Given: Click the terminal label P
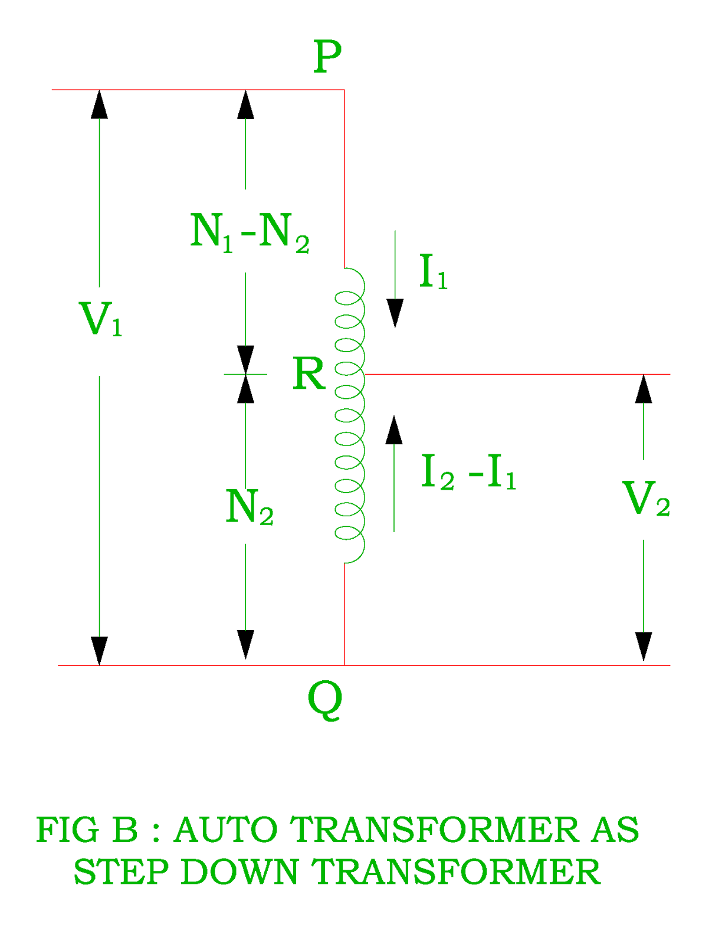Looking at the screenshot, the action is click(x=327, y=56).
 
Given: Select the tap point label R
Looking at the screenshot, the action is click(x=309, y=373).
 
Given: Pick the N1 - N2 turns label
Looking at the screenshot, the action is click(x=250, y=232).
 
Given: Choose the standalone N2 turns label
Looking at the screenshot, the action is click(x=250, y=506).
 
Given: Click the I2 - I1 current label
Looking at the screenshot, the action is click(x=468, y=472).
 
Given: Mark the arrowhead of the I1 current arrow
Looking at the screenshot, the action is click(x=395, y=313).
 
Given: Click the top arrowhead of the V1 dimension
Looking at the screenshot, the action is click(x=99, y=104).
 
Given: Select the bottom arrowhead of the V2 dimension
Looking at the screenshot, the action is click(x=643, y=647).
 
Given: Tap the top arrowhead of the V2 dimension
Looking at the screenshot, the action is click(x=643, y=389).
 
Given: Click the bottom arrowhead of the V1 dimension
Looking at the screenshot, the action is click(x=99, y=651).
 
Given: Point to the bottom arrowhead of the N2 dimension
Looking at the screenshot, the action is click(x=245, y=645).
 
